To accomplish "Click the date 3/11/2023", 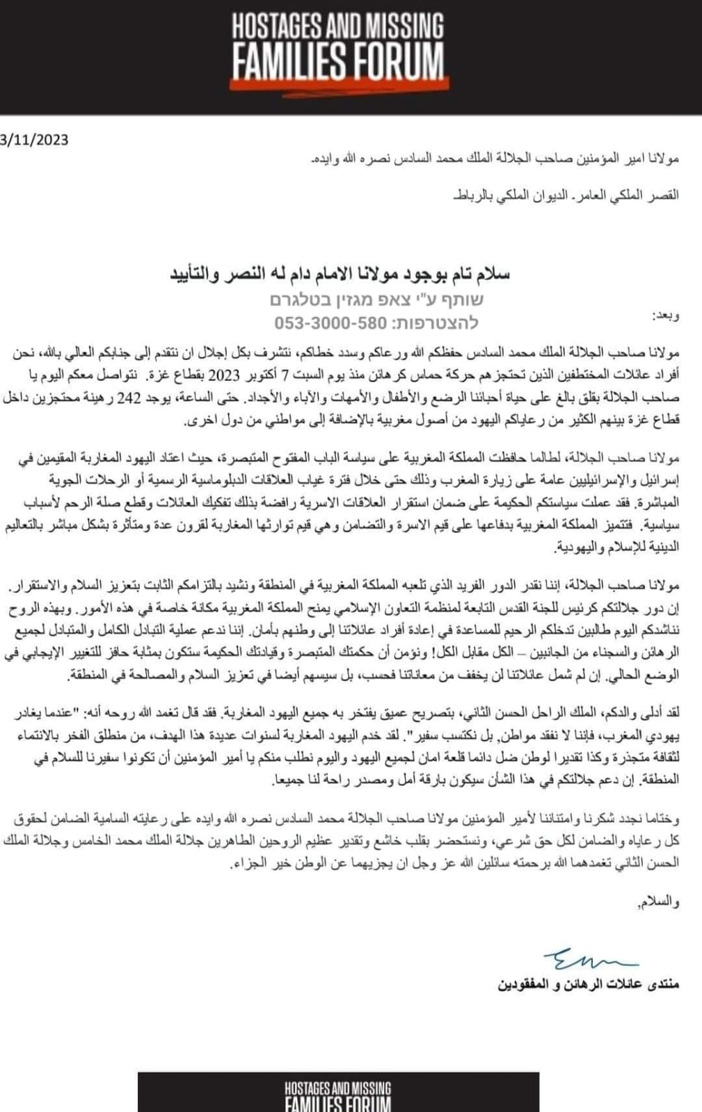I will (35, 140).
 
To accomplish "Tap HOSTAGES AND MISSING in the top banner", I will (337, 27).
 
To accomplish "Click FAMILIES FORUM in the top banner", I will (337, 61).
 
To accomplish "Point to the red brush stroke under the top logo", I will (337, 83).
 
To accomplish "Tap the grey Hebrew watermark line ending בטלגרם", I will (376, 300).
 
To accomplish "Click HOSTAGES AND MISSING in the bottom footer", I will (337, 1089).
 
